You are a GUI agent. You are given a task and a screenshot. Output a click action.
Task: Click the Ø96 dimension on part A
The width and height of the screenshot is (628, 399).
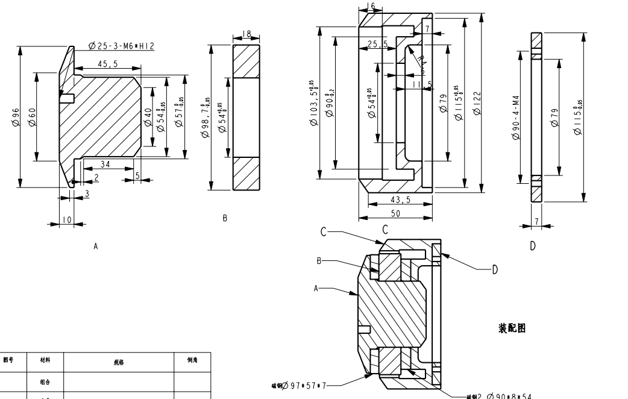(x=16, y=116)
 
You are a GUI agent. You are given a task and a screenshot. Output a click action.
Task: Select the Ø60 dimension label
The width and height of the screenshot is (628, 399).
(x=33, y=116)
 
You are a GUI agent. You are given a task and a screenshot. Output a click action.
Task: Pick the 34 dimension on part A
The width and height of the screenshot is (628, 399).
(x=105, y=165)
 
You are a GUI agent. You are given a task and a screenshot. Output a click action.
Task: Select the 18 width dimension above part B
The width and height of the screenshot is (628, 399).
(x=246, y=34)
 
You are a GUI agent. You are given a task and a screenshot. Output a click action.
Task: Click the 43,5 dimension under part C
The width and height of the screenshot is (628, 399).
(x=399, y=201)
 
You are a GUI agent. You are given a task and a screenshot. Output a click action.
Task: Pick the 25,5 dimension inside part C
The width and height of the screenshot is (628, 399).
(x=377, y=43)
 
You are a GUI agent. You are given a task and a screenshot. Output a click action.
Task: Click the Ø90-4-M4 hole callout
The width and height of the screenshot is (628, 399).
(x=515, y=118)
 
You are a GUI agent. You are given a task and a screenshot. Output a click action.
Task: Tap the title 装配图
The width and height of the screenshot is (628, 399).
(x=513, y=328)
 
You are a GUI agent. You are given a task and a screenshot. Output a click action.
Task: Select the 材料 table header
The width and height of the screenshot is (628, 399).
(x=45, y=360)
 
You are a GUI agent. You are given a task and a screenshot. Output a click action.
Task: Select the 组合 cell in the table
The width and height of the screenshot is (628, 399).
(x=45, y=382)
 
